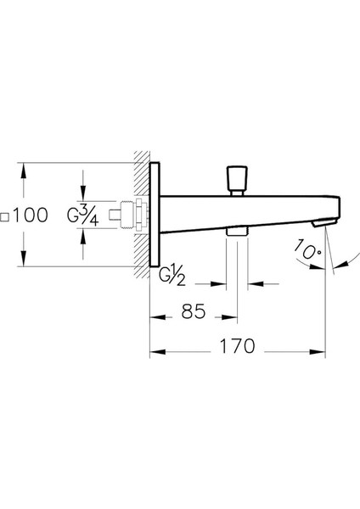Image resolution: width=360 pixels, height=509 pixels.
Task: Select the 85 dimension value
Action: [194, 313]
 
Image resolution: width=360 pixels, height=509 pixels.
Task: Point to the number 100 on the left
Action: [31, 216]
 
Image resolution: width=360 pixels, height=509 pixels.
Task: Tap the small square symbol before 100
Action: [7, 217]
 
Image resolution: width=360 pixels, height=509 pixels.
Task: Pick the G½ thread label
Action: [174, 274]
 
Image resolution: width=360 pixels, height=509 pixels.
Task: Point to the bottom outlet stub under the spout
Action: [237, 232]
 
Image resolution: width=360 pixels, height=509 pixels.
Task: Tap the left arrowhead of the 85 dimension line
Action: [155, 316]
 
